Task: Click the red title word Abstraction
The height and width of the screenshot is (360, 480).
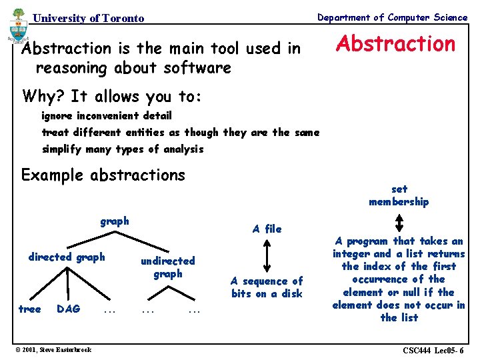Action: (395, 44)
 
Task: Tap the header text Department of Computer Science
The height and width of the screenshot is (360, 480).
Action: (392, 17)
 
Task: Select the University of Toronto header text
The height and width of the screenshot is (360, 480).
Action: (88, 18)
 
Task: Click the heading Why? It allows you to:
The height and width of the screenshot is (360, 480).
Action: (111, 97)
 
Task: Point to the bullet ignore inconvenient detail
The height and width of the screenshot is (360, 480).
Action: (107, 116)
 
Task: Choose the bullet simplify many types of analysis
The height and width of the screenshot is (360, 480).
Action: (123, 149)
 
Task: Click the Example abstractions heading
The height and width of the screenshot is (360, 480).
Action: (103, 175)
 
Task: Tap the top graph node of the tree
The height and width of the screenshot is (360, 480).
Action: (115, 221)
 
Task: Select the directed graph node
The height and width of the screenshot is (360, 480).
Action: (67, 257)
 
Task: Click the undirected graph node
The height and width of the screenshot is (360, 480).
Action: (167, 267)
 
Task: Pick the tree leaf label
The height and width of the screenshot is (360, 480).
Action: (29, 309)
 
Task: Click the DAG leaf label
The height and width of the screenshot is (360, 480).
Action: (69, 309)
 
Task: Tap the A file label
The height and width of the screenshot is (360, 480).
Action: (267, 229)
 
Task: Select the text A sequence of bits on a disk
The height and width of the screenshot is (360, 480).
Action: (267, 287)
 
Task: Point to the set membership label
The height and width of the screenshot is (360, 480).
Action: (399, 195)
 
